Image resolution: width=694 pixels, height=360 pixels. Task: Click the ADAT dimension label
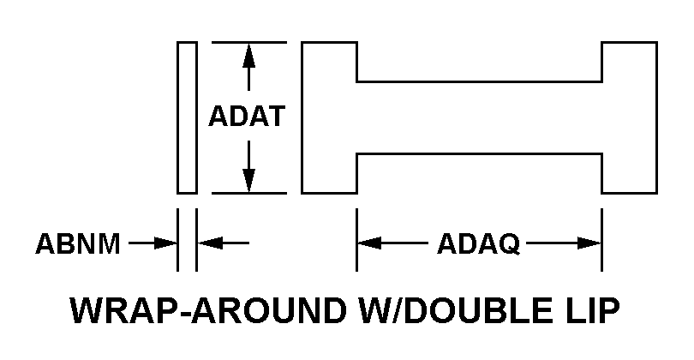[247, 117]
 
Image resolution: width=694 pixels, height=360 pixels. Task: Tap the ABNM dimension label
[77, 244]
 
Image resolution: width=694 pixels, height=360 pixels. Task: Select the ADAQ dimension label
[478, 244]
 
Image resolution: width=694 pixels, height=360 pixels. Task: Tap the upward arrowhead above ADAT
[248, 53]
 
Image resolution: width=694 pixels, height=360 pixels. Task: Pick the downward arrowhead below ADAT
[248, 180]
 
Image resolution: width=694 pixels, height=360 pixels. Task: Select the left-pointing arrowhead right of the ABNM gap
[208, 244]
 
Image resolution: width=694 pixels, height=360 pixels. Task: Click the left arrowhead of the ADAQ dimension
[368, 244]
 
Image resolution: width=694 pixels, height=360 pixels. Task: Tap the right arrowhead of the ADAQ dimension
[589, 244]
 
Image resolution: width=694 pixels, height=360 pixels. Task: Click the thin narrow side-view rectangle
[187, 117]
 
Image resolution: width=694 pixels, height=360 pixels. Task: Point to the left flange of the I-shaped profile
[329, 117]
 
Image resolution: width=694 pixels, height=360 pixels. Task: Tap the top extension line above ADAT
[248, 40]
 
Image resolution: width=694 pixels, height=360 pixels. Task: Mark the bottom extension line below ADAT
[248, 193]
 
